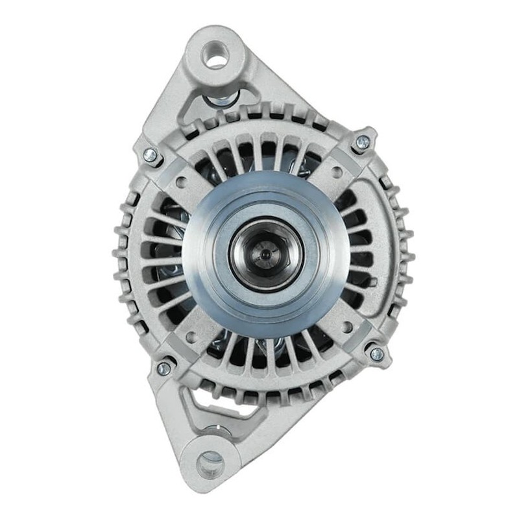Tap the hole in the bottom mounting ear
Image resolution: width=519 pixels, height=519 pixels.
coord(210,463)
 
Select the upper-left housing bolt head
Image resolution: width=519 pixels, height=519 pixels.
coord(151,155)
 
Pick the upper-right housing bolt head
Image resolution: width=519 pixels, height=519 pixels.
coord(363,142)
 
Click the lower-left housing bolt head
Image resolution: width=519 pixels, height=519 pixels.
coord(163,368)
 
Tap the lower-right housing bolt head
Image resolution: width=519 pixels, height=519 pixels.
coord(376,354)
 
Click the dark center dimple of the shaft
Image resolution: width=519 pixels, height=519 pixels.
coord(265,255)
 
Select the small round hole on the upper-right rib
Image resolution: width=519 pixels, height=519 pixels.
coord(337,173)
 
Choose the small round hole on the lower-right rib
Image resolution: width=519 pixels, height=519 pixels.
coord(348,327)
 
